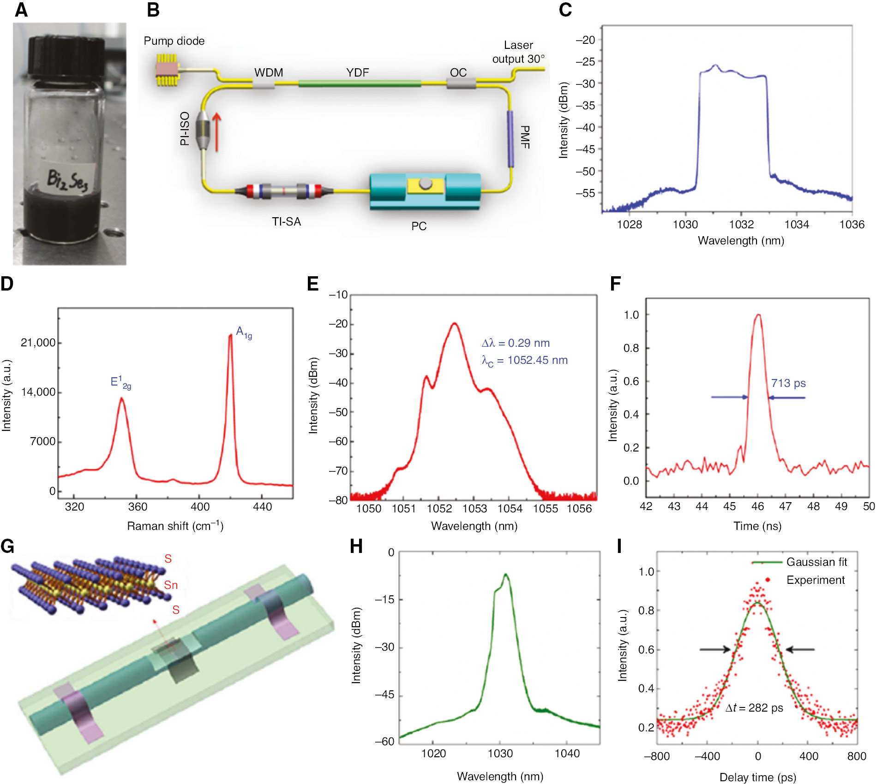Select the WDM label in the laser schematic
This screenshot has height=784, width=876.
[269, 73]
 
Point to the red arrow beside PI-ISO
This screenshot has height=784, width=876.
[216, 132]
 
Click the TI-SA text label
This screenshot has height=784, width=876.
[286, 222]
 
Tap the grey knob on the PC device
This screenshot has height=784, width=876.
[426, 184]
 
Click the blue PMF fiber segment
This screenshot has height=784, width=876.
[510, 138]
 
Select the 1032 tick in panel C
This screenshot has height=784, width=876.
[741, 225]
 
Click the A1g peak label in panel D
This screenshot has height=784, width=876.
[244, 332]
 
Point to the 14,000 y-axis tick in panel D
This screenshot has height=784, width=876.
[38, 392]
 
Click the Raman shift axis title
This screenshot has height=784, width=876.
[175, 526]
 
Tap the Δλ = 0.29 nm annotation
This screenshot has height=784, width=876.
[516, 343]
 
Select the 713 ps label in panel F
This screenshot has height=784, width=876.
[788, 383]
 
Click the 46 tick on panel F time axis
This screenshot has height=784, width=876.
[757, 506]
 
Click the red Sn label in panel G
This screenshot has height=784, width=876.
[170, 585]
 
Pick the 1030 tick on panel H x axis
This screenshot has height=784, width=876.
[500, 754]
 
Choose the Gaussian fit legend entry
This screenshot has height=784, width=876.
[816, 562]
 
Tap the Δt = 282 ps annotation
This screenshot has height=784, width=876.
[754, 708]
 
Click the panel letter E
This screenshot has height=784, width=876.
[313, 284]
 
